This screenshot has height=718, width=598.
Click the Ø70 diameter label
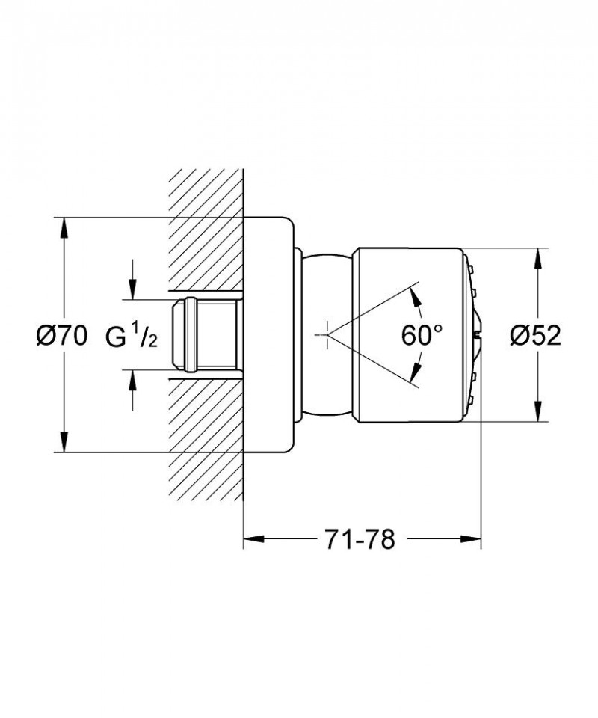coord(61,336)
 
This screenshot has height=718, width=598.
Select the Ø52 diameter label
coord(535,336)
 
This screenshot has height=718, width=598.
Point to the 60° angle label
coord(422,336)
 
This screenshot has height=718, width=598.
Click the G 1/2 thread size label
coord(132,336)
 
